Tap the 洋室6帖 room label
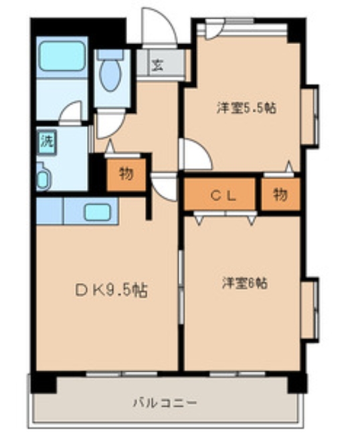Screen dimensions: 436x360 [x=245, y=283]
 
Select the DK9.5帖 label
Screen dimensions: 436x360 [x=112, y=291]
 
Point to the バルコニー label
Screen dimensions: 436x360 [x=164, y=403]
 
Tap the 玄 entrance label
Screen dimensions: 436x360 [x=157, y=66]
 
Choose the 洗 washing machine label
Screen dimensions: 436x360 [x=46, y=141]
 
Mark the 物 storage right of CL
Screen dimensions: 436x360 [x=280, y=195]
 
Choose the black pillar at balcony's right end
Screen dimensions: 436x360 [x=297, y=383]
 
